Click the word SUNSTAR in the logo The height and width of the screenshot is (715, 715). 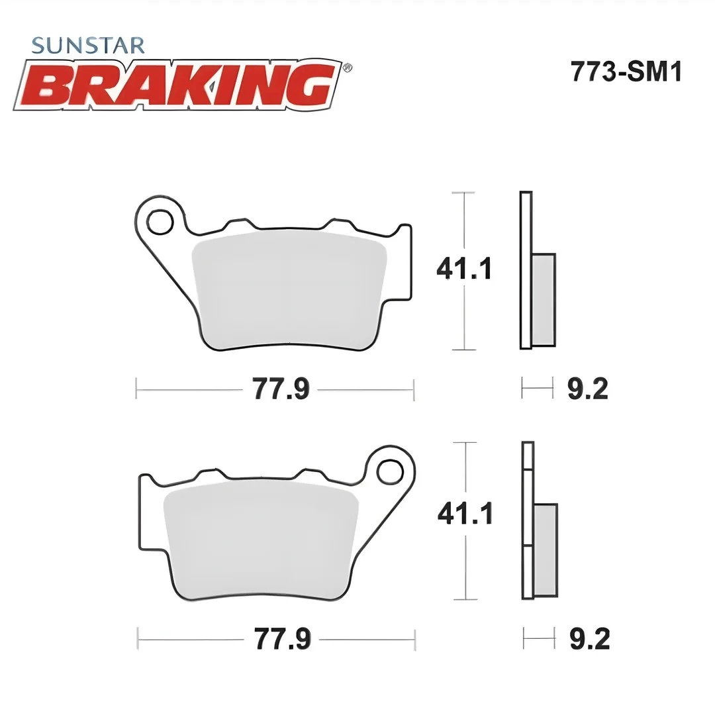coord(88,46)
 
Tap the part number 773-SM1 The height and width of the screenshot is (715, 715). coord(626,72)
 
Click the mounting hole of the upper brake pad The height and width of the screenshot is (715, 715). coord(160,222)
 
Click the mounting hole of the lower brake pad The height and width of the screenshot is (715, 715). coord(389,471)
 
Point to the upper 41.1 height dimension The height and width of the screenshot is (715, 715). coord(463,269)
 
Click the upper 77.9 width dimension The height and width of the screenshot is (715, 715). coord(281,389)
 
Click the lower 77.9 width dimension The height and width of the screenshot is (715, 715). coord(282,640)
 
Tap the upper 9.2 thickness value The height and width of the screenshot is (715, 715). coord(587,389)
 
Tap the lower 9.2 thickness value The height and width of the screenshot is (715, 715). coord(589,640)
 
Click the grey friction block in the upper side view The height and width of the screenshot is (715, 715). coord(544,299)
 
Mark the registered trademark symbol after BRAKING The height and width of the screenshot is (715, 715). coord(348,67)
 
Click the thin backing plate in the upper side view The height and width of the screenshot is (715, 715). coord(526,269)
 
